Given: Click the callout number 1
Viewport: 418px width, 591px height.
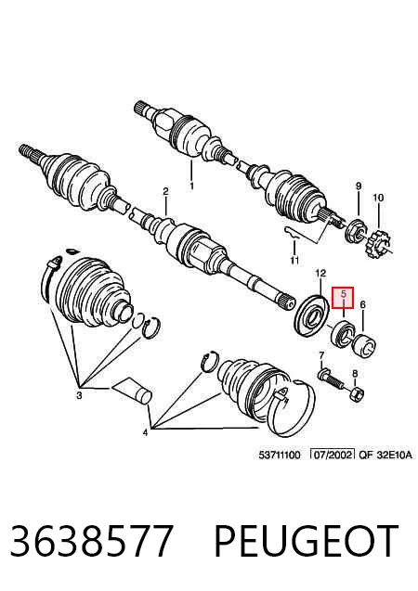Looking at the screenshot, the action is pyautogui.click(x=191, y=186).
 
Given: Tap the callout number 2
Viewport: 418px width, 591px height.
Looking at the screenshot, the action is pyautogui.click(x=165, y=191).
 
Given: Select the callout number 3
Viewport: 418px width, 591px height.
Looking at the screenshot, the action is pyautogui.click(x=79, y=395).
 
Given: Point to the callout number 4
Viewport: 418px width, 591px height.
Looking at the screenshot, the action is pyautogui.click(x=145, y=433).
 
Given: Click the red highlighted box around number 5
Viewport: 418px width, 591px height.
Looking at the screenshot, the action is pyautogui.click(x=343, y=298).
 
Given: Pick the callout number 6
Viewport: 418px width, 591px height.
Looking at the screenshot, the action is pyautogui.click(x=362, y=303).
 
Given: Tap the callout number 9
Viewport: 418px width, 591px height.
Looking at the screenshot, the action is pyautogui.click(x=359, y=186).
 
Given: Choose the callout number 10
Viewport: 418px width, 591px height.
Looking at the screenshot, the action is pyautogui.click(x=378, y=197).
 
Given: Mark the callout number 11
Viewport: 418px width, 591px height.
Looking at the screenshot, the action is pyautogui.click(x=294, y=260).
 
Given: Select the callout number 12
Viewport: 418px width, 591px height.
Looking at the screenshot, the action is pyautogui.click(x=320, y=273).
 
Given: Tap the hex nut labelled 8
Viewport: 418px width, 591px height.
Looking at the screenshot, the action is pyautogui.click(x=357, y=394).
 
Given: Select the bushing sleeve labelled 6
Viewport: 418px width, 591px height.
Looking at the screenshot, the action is pyautogui.click(x=363, y=344).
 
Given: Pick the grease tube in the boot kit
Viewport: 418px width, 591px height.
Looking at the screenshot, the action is pyautogui.click(x=132, y=391).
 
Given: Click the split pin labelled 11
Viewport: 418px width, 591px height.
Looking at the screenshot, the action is pyautogui.click(x=291, y=233).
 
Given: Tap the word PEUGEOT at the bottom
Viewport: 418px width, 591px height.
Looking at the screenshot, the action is pyautogui.click(x=307, y=540).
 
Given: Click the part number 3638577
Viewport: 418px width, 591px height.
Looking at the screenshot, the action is pyautogui.click(x=92, y=540).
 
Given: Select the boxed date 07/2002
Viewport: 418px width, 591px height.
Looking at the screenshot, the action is pyautogui.click(x=332, y=455).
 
